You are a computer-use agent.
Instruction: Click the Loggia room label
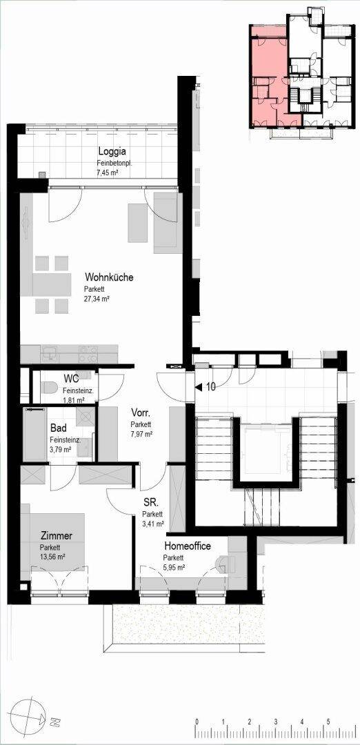[112, 152]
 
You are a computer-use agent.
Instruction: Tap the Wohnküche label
[109, 277]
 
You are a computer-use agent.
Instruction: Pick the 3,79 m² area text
[60, 448]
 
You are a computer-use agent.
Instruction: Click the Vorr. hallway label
[141, 412]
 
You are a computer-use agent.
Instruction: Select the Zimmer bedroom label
[56, 536]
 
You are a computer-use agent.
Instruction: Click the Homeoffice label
[188, 546]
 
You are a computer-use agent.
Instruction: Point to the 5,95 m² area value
[174, 567]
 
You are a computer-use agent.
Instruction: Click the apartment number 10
[210, 387]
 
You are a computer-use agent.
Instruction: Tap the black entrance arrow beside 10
[199, 388]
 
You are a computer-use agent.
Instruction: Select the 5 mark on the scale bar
[328, 722]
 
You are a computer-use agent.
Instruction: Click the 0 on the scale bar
[197, 722]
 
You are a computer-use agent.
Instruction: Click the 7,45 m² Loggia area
[108, 173]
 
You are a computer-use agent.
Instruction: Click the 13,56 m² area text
[52, 557]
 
